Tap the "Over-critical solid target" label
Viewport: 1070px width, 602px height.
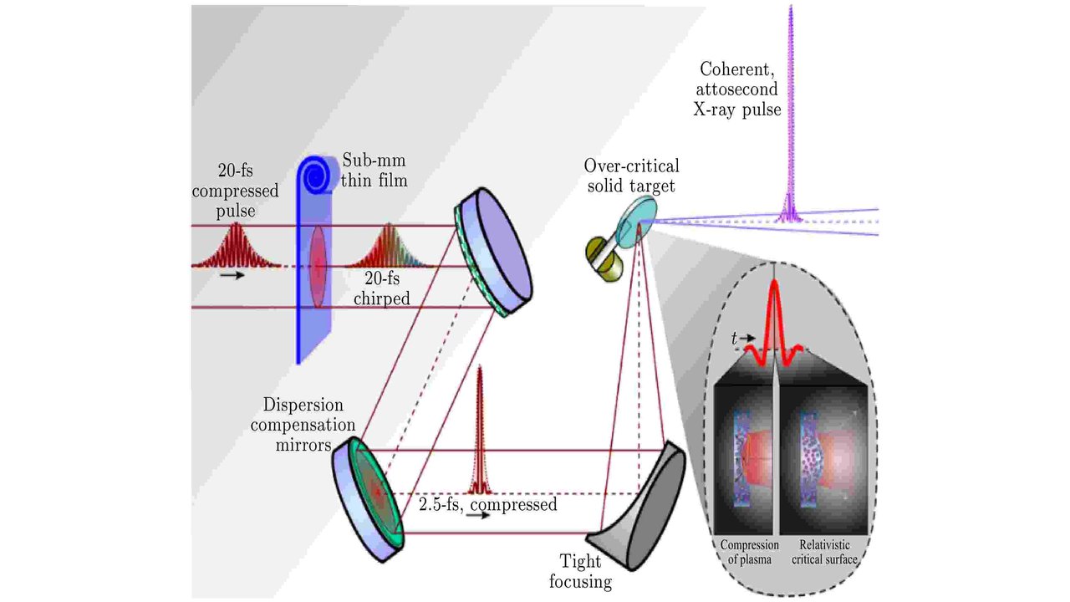click(632, 176)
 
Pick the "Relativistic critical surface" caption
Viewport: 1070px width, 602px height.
click(825, 553)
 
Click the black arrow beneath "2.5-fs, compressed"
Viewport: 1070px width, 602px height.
click(478, 516)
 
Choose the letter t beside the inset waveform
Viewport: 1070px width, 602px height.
click(735, 339)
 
